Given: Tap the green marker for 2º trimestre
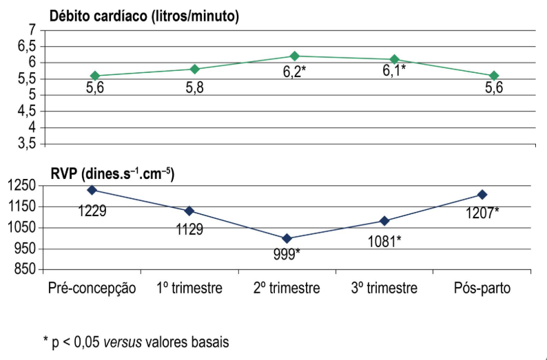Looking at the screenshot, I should pos(295,56).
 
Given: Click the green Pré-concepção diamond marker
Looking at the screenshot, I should pos(95,76).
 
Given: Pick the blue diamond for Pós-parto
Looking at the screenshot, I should pos(483,195).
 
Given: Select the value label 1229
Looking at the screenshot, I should pos(92,211).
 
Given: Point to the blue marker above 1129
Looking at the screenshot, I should pos(189,211).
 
